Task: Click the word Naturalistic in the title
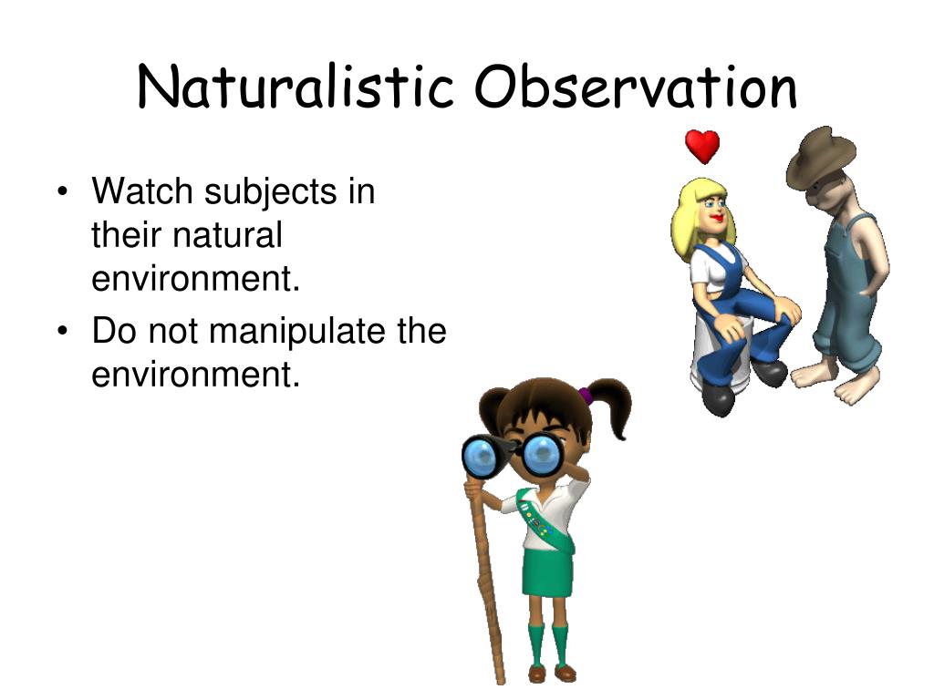[x=296, y=87]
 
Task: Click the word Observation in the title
[x=636, y=87]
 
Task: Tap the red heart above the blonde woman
[x=702, y=147]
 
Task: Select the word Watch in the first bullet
[x=141, y=191]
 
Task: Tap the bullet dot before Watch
[x=62, y=191]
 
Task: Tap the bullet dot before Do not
[x=62, y=331]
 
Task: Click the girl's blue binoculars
[x=514, y=456]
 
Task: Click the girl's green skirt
[x=547, y=572]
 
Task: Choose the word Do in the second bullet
[x=114, y=330]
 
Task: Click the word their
[x=126, y=234]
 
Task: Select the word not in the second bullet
[x=172, y=331]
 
